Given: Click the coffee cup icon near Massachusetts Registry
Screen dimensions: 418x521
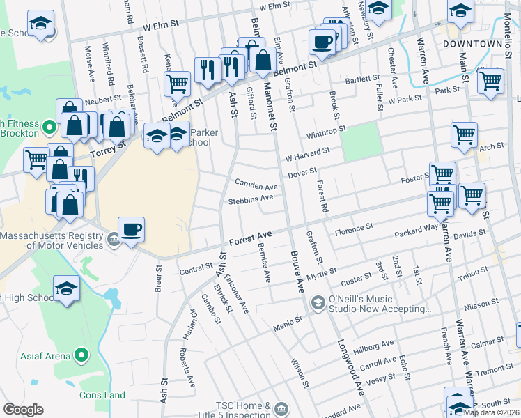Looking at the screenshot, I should [x=130, y=229].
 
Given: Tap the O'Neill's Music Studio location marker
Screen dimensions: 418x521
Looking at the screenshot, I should [x=318, y=302].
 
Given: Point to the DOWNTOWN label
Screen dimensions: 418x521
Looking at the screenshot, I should [x=472, y=43].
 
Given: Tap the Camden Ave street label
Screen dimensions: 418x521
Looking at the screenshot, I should [x=256, y=187].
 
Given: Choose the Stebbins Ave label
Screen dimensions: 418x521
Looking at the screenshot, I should [x=250, y=199].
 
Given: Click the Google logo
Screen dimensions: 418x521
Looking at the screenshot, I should [x=23, y=410].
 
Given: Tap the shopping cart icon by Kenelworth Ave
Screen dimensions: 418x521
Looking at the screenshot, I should [x=178, y=84].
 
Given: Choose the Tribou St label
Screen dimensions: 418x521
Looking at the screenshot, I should [x=474, y=272].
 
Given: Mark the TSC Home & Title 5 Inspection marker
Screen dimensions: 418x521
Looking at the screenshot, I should [x=281, y=408].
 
